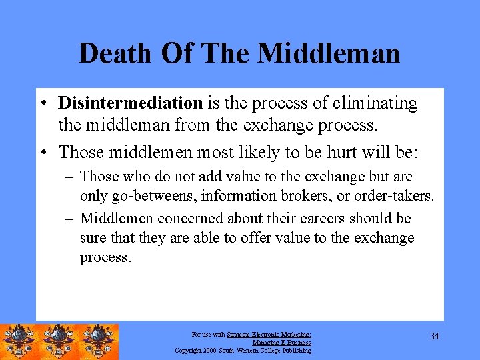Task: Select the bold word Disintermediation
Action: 130,103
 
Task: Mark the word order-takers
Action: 399,196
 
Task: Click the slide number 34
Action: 434,336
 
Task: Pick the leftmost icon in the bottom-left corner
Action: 20,341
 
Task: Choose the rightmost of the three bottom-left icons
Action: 99,341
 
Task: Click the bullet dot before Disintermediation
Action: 42,104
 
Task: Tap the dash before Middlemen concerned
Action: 69,219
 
